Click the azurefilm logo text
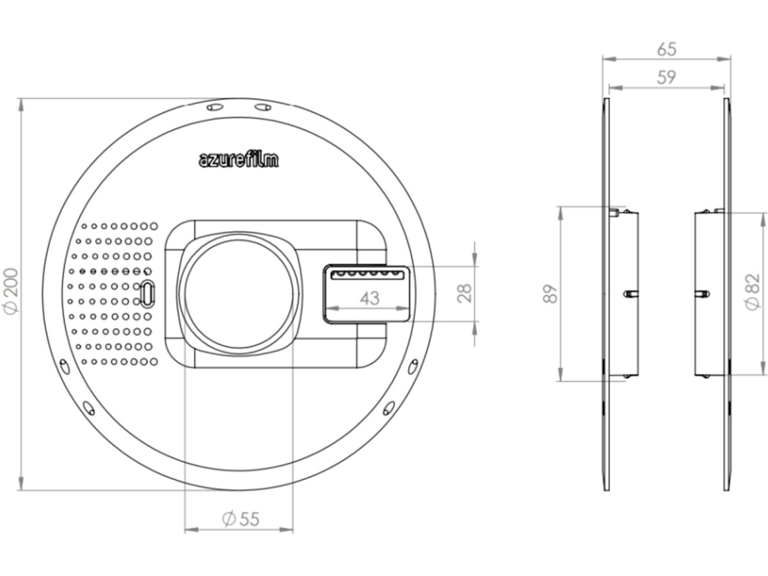pyautogui.click(x=239, y=160)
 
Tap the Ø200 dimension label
pyautogui.click(x=11, y=292)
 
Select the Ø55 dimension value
pyautogui.click(x=241, y=518)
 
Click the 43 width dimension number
pyautogui.click(x=369, y=298)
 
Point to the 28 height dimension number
pyautogui.click(x=465, y=293)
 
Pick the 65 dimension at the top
pyautogui.click(x=666, y=49)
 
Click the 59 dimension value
pyautogui.click(x=666, y=77)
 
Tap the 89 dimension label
pyautogui.click(x=550, y=294)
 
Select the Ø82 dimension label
pyautogui.click(x=753, y=292)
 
